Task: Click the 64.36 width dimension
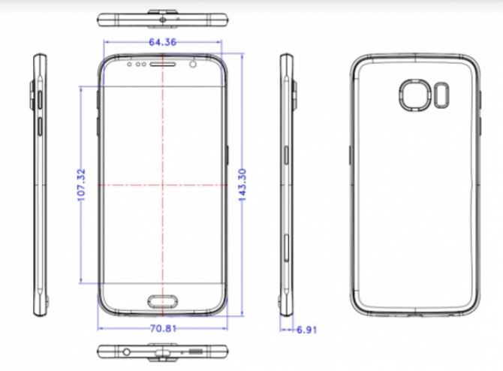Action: pyautogui.click(x=162, y=42)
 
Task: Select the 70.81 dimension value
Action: pyautogui.click(x=162, y=328)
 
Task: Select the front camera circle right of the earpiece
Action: pyautogui.click(x=194, y=65)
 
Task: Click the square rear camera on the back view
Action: pyautogui.click(x=413, y=98)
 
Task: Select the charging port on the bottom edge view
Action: pyautogui.click(x=162, y=351)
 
